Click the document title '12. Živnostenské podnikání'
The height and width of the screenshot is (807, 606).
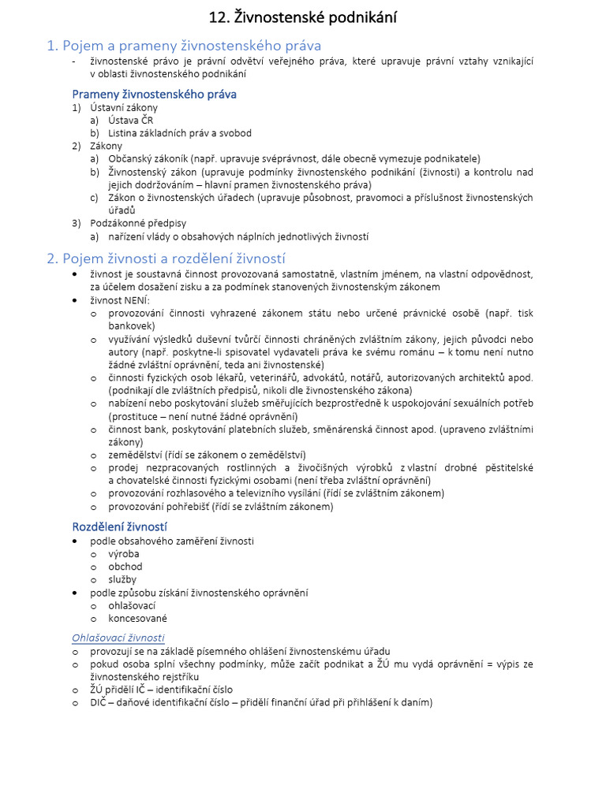click(x=303, y=17)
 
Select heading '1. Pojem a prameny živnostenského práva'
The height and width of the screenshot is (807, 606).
click(x=184, y=46)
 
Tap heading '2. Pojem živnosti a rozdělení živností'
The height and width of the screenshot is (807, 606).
click(x=166, y=258)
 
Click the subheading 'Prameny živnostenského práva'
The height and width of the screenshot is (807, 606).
click(x=155, y=94)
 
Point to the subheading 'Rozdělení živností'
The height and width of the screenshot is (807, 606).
click(x=120, y=526)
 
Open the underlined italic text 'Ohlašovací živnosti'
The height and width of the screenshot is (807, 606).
click(x=118, y=637)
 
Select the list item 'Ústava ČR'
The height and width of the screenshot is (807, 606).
click(x=131, y=120)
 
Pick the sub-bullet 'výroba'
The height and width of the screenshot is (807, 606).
click(x=124, y=553)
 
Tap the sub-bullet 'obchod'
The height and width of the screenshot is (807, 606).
click(x=125, y=566)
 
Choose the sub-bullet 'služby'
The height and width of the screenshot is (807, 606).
click(x=122, y=579)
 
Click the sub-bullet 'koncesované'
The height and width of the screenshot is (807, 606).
click(x=138, y=618)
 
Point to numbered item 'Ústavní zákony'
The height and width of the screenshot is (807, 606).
click(x=124, y=107)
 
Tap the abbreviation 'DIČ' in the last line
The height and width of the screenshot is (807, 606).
click(x=99, y=702)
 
